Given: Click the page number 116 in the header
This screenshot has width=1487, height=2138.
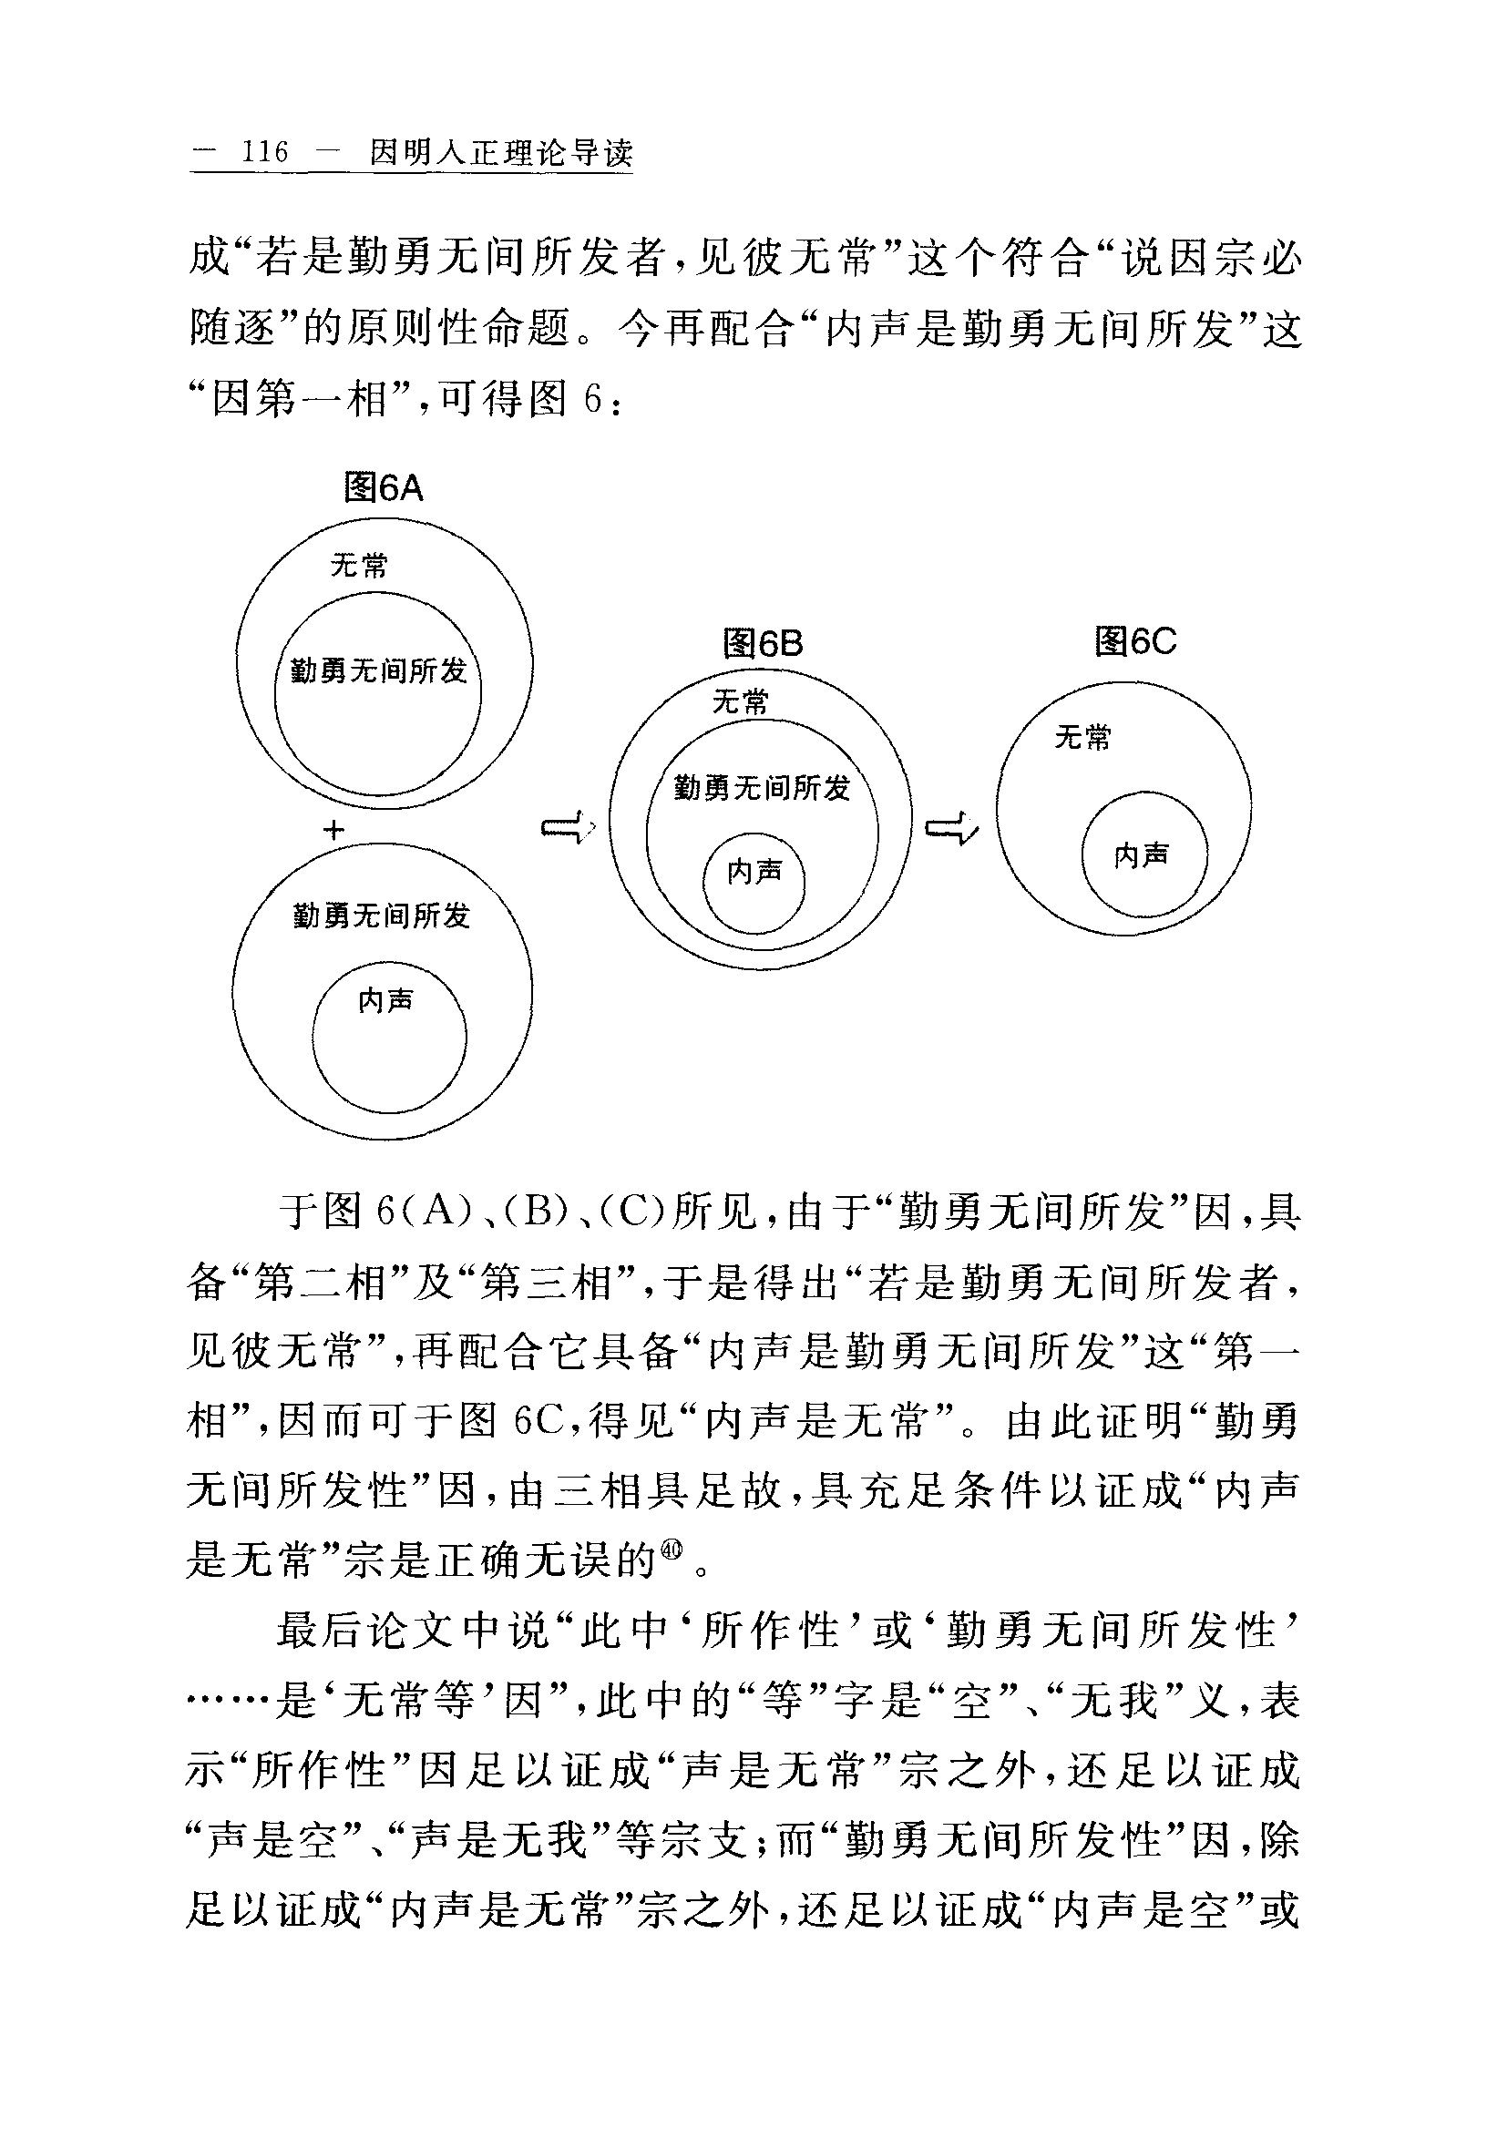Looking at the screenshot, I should coord(264,151).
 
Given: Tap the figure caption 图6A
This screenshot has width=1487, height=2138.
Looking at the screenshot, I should coord(384,487).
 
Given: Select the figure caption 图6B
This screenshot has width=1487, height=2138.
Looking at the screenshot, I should coord(763,643).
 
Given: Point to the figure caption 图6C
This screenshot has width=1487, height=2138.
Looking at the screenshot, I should coord(1135,640).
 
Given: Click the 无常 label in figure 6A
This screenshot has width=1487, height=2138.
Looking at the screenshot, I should coord(359,565).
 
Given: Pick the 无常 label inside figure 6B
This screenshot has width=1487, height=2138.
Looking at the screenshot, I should coord(741,701).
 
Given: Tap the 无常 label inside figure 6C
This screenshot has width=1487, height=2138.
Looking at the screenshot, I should coord(1082,738).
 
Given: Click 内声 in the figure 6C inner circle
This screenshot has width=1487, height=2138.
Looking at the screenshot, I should coord(1142,854).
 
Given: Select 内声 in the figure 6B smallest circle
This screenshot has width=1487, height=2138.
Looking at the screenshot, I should coord(755,872).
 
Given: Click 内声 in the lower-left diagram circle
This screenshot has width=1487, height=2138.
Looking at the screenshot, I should coord(385,1001).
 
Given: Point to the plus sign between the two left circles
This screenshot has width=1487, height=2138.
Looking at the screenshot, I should coord(333,829).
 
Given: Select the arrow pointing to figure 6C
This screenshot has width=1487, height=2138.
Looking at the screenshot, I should coord(950,827).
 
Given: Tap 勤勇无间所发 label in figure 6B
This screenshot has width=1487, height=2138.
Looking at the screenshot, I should coord(762,789).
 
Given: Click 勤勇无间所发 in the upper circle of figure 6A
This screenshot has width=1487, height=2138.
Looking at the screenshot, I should coord(378,670).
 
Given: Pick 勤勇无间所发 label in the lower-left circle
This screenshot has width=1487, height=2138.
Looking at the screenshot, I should coord(382,916).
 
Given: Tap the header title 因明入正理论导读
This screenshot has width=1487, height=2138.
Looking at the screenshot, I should coord(501,152).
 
